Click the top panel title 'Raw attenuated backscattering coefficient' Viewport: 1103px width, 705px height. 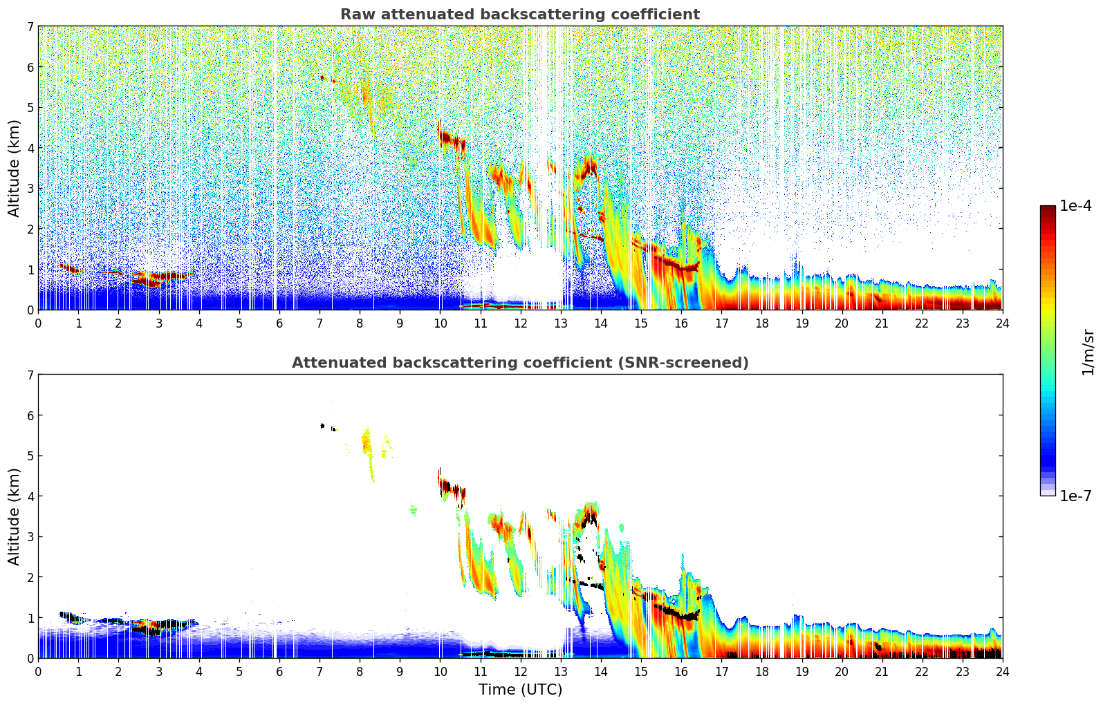(x=520, y=15)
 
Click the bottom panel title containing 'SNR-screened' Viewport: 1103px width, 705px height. (x=520, y=363)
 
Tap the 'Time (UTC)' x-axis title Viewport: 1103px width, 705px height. (x=520, y=690)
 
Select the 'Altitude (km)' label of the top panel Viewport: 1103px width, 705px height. (x=15, y=168)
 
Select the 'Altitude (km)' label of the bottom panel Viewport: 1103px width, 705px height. (x=15, y=516)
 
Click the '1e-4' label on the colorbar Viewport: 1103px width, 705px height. (x=1075, y=206)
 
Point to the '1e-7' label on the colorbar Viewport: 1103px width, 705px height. (x=1075, y=496)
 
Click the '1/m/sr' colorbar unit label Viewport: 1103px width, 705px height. (x=1088, y=352)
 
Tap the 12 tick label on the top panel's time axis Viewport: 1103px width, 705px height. (x=520, y=323)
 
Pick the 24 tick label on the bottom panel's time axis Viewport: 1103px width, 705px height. (x=1002, y=671)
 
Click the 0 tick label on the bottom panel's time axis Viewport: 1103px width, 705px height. (x=38, y=671)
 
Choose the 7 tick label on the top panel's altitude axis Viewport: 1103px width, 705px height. (x=30, y=27)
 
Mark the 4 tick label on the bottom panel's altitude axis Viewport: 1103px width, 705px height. (x=30, y=496)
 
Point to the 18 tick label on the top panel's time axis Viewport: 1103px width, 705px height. (x=761, y=323)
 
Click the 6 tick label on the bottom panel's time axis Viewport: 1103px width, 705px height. (x=279, y=671)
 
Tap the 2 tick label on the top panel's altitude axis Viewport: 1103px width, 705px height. (x=30, y=229)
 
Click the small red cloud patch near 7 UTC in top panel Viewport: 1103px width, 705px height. (x=324, y=78)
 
